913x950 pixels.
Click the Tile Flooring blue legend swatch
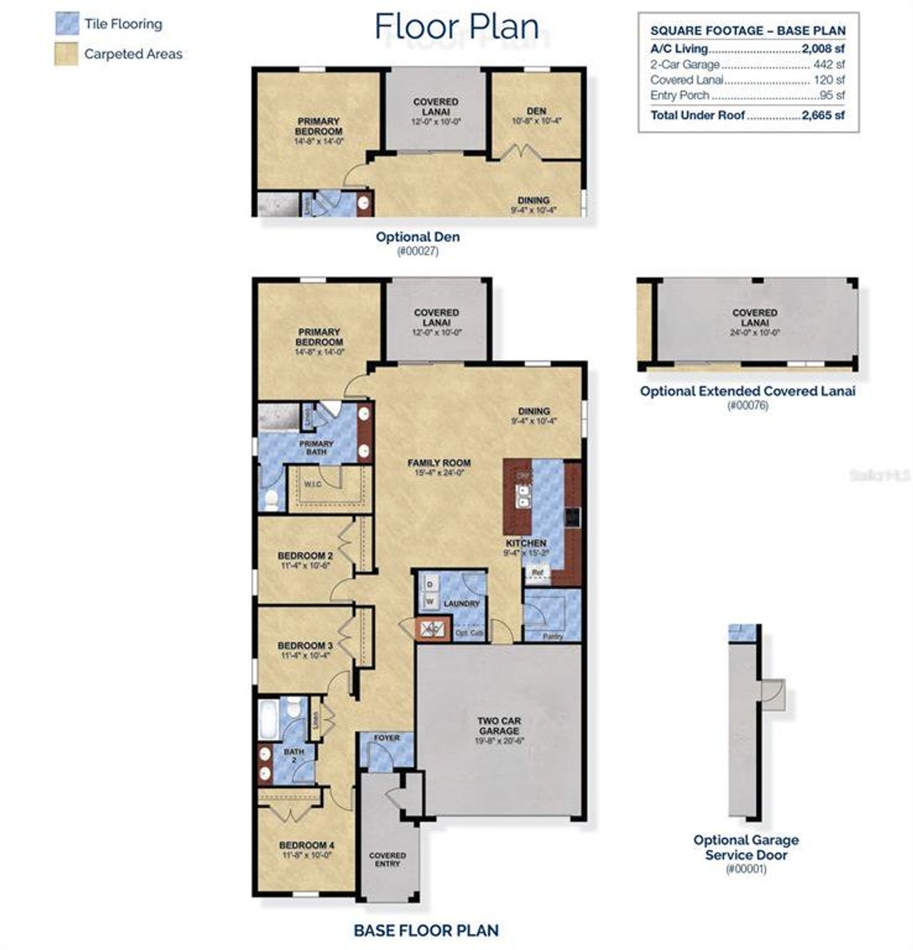coord(66,24)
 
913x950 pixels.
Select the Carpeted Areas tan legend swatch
coord(66,54)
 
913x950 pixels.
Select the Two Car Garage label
coord(499,726)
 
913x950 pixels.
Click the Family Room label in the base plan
coord(439,463)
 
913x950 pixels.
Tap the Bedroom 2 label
coord(305,556)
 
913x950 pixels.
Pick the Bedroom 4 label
coord(307,845)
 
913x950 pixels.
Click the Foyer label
coord(387,737)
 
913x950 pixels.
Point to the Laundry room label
coord(461,603)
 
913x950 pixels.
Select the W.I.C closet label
coord(313,485)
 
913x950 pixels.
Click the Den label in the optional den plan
coord(536,111)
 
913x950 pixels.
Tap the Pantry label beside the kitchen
coord(553,636)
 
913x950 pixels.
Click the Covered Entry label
coord(387,859)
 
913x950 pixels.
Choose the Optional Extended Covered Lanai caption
coord(747,391)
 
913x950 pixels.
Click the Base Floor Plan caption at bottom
coord(426,930)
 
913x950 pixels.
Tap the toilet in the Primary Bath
coord(270,499)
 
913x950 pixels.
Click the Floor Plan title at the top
coord(456,26)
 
